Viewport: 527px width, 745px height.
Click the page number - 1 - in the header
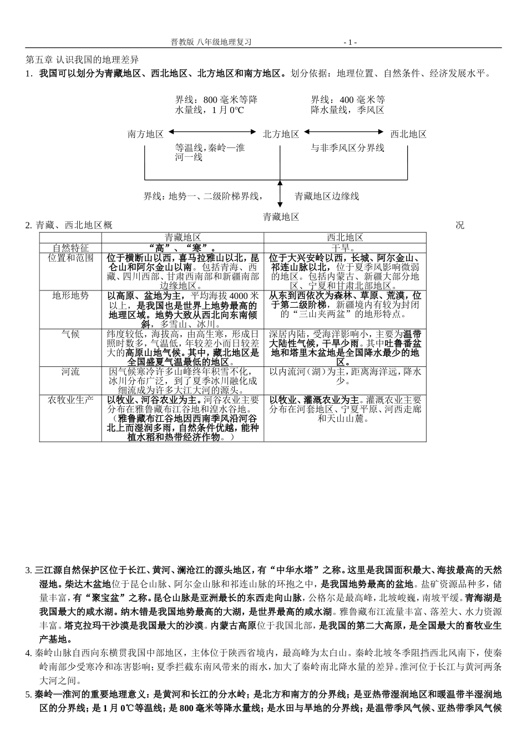(x=350, y=42)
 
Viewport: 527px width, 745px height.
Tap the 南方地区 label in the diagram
(x=145, y=134)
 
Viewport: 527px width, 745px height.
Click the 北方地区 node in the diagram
(x=281, y=134)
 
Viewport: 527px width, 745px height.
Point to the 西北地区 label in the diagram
(x=408, y=134)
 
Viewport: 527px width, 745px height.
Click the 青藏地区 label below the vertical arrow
(x=281, y=217)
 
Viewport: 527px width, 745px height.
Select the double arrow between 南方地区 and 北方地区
(x=213, y=132)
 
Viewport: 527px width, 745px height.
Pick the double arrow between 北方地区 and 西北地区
(x=344, y=132)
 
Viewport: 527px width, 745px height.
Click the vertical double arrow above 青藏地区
(x=280, y=193)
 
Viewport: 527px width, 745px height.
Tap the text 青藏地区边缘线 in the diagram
(x=327, y=196)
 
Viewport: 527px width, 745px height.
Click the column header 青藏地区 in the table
(x=183, y=237)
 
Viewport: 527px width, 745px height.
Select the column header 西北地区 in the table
(x=345, y=237)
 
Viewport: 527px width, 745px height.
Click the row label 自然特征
(x=70, y=247)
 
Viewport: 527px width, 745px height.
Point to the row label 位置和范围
(x=70, y=258)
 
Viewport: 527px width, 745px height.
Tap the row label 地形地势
(x=70, y=295)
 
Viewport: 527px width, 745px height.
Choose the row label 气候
(x=70, y=334)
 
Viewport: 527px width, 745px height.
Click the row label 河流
(x=70, y=371)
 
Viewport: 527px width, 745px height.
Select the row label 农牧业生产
(x=70, y=400)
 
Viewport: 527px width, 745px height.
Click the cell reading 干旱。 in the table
(x=345, y=247)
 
